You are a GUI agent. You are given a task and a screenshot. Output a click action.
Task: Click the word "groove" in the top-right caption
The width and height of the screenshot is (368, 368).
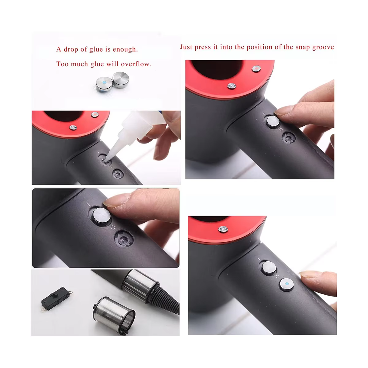(323, 47)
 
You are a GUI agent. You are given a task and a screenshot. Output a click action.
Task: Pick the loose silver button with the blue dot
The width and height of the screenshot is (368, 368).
(104, 83)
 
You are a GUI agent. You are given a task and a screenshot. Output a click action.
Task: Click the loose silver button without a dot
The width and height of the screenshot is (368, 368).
(121, 80)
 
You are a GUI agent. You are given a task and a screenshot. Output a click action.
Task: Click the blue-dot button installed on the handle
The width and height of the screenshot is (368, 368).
(287, 285)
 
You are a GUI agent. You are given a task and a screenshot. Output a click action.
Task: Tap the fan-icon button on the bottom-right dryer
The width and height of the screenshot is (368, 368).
(223, 229)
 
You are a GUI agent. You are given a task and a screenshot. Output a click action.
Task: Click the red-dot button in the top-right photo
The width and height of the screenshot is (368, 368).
(256, 69)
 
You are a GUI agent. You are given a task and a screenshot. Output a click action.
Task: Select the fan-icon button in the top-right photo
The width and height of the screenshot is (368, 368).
(232, 86)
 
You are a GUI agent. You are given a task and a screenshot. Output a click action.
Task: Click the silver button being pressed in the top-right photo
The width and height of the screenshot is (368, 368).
(273, 121)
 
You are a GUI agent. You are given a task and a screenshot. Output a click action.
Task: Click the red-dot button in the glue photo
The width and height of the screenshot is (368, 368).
(95, 115)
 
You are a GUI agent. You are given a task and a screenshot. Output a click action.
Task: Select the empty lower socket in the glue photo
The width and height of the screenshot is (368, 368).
(117, 174)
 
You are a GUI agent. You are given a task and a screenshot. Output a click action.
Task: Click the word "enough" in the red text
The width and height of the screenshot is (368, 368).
(125, 50)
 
